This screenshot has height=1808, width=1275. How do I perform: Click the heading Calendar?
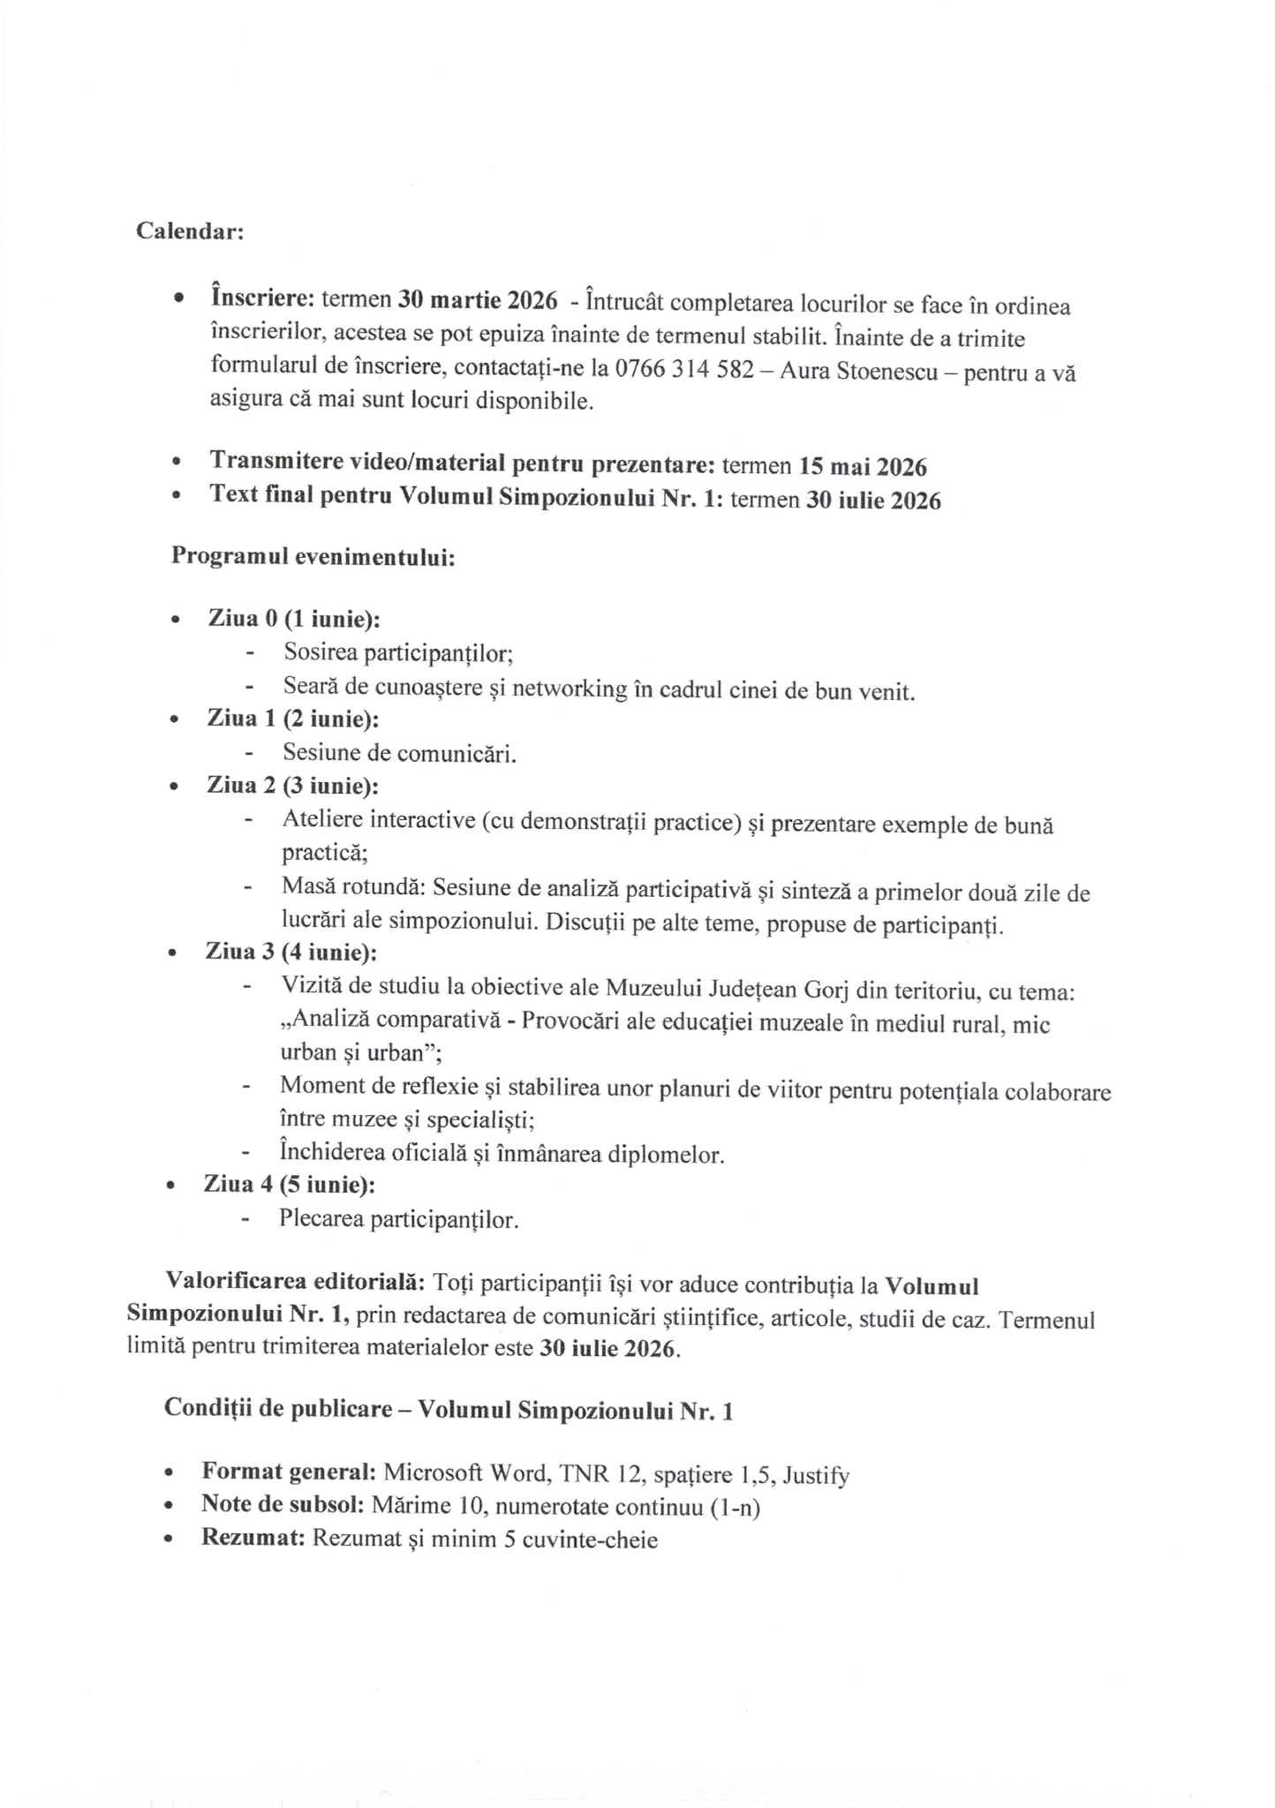[190, 231]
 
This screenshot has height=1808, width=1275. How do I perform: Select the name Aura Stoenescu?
[858, 371]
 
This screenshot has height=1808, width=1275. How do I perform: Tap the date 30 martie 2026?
[477, 300]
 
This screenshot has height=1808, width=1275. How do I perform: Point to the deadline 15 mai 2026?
[862, 466]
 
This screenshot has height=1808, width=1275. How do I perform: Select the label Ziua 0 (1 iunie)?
[294, 619]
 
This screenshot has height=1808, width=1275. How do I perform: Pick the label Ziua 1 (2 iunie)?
[293, 719]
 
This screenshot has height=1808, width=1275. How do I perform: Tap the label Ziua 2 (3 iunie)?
[292, 785]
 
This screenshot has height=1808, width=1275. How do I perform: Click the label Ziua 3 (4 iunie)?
[291, 952]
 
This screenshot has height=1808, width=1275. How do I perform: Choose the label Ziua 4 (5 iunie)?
[290, 1184]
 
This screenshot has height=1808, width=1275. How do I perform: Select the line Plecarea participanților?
[398, 1219]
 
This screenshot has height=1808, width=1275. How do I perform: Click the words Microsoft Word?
[465, 1473]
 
